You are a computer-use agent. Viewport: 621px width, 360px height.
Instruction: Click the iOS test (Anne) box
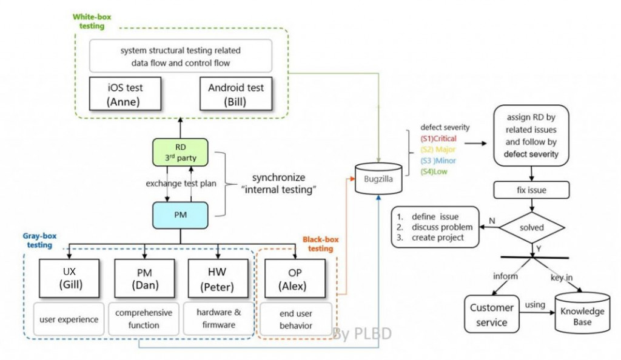tap(125, 94)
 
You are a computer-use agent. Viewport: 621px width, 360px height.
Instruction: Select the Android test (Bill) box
tap(236, 94)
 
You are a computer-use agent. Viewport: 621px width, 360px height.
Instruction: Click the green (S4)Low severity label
tap(435, 172)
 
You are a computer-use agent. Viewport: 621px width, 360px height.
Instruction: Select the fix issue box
tap(532, 190)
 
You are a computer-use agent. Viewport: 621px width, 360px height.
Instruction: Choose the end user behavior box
tap(295, 319)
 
